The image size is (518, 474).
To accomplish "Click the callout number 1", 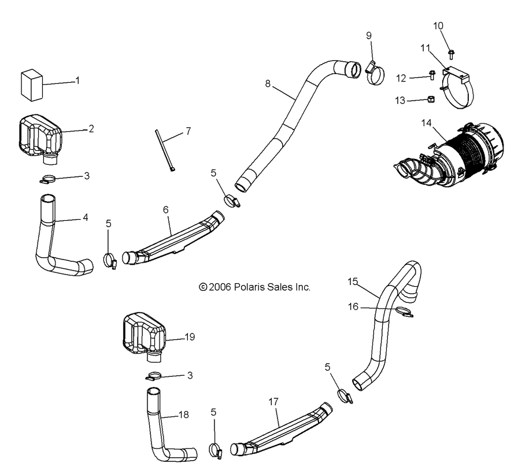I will (x=77, y=80).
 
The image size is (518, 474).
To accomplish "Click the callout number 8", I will (x=267, y=83).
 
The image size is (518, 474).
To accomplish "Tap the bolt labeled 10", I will (x=451, y=54).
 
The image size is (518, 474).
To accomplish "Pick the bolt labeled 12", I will (x=432, y=75).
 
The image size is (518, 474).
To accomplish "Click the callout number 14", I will (x=426, y=122).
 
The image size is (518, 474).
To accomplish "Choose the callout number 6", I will (x=166, y=210).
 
